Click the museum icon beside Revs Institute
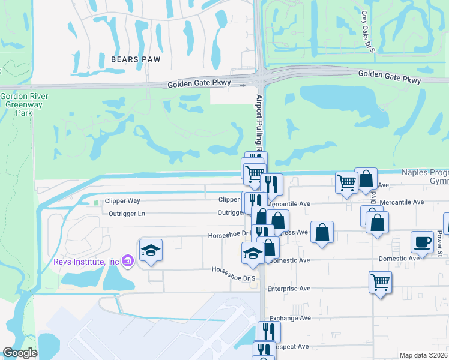pos(127,261)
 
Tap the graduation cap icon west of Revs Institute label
pos(151,251)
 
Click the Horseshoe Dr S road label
pos(234,270)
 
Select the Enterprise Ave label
pos(289,289)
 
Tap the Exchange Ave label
pos(289,318)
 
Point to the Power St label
pos(439,240)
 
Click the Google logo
pos(20,353)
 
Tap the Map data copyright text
pos(423,355)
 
